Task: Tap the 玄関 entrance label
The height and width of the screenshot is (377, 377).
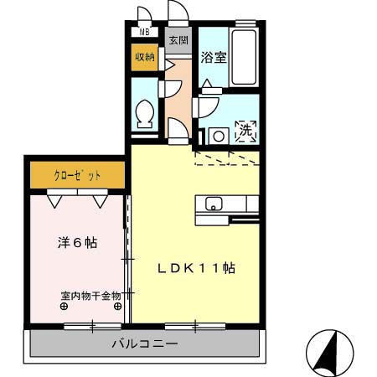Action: click(178, 39)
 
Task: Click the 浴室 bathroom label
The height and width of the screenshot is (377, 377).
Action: click(214, 58)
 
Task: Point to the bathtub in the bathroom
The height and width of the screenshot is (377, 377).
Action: click(243, 55)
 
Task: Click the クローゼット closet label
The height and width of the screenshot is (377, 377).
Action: click(78, 176)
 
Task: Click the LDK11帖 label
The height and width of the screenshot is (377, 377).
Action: click(198, 269)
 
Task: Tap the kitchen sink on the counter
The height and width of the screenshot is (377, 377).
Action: click(211, 204)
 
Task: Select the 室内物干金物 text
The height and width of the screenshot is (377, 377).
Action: click(90, 295)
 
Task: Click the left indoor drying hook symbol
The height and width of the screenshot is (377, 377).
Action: click(65, 306)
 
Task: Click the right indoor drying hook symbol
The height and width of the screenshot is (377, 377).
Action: click(117, 306)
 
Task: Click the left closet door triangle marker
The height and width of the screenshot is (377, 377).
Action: click(55, 201)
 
